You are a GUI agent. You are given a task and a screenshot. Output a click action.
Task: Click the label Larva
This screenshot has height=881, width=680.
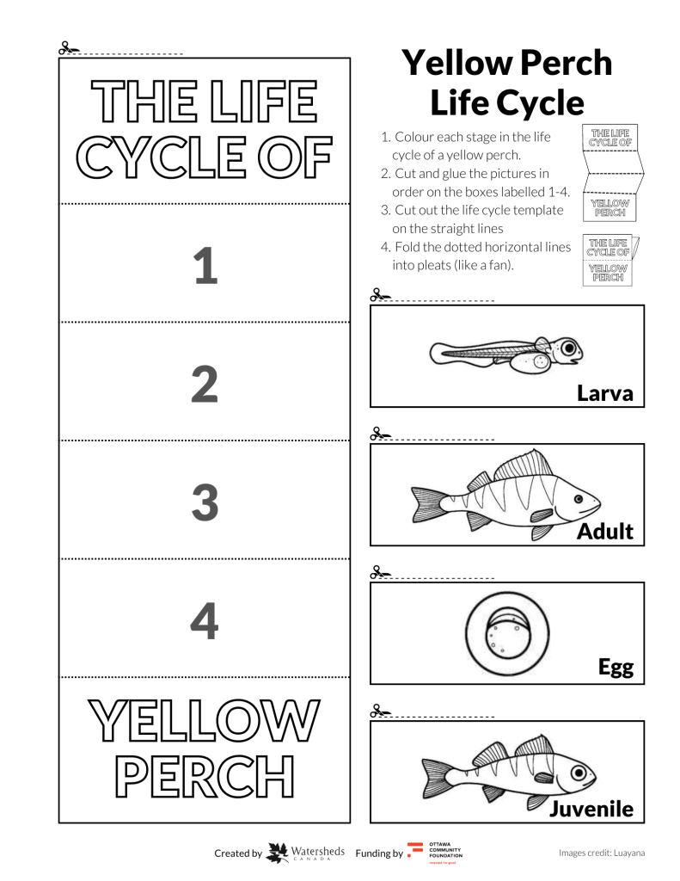(x=605, y=394)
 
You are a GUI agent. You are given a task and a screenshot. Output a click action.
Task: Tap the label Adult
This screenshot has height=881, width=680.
(x=605, y=532)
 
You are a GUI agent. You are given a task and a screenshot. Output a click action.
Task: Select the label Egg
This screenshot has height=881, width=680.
(x=616, y=667)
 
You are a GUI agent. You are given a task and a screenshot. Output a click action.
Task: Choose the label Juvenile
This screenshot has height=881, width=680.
(x=592, y=809)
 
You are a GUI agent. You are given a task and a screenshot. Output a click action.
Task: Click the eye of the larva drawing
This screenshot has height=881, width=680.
(x=567, y=348)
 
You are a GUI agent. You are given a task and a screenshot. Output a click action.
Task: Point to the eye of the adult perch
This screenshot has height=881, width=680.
(x=579, y=498)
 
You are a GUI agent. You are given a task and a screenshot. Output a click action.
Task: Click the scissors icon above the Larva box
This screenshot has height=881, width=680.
(x=378, y=295)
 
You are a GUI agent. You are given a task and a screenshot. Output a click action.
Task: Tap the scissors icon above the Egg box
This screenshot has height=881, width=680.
(x=378, y=571)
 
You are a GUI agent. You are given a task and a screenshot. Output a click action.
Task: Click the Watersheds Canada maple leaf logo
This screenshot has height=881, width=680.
(x=278, y=853)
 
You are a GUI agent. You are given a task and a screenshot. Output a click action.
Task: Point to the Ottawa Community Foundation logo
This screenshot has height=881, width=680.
(x=415, y=853)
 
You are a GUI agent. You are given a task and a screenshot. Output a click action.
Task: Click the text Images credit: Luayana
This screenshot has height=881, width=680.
(x=601, y=853)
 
